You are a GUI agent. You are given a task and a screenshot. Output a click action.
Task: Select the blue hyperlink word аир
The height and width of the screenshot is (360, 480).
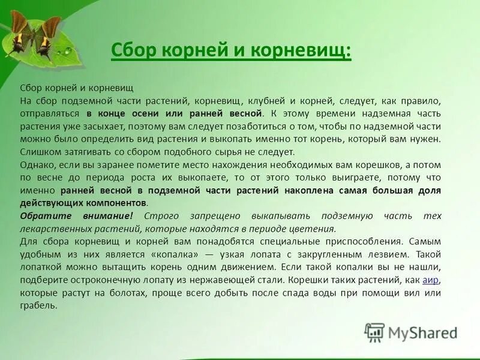pos(431,280)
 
